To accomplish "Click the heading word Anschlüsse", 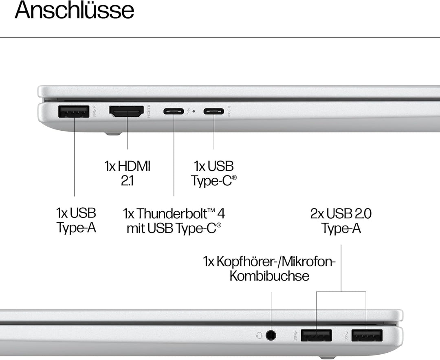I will pyautogui.click(x=74, y=11).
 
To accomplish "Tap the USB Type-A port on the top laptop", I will pyautogui.click(x=74, y=112).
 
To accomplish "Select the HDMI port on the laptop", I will pyautogui.click(x=126, y=112).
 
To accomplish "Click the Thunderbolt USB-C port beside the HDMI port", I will pyautogui.click(x=174, y=111).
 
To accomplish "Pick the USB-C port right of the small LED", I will pyautogui.click(x=214, y=111).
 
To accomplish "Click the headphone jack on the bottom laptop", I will pyautogui.click(x=271, y=335).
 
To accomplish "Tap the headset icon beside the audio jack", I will pyautogui.click(x=259, y=335).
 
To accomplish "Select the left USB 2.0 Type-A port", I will pyautogui.click(x=316, y=335).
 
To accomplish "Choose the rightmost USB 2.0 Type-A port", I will pyautogui.click(x=367, y=335).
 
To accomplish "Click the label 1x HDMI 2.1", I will pyautogui.click(x=127, y=173).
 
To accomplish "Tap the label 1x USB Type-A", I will pyautogui.click(x=76, y=220).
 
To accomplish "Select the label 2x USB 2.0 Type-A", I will pyautogui.click(x=341, y=220).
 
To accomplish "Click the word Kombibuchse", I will pyautogui.click(x=269, y=276).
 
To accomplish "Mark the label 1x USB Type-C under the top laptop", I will pyautogui.click(x=214, y=173).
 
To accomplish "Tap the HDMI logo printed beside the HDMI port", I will pyautogui.click(x=149, y=111).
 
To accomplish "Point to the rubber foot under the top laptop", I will pyautogui.click(x=112, y=133).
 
